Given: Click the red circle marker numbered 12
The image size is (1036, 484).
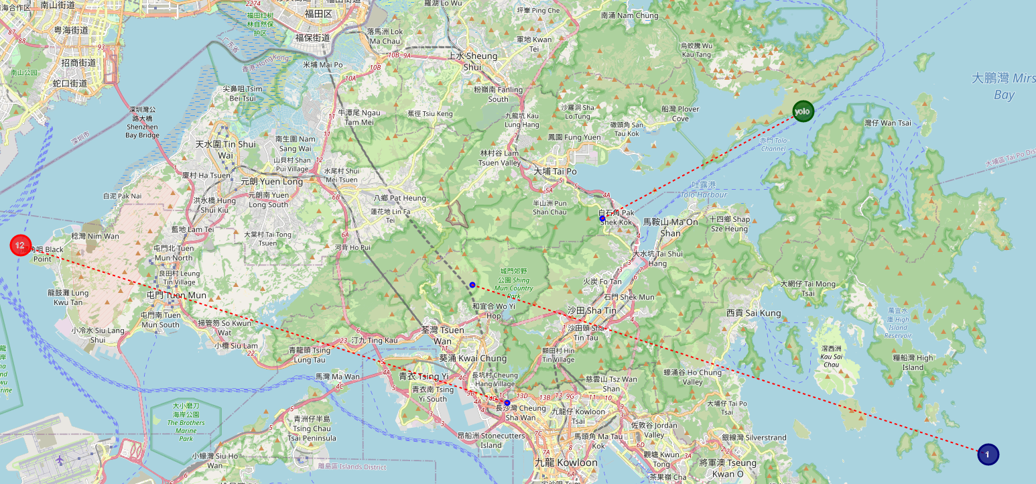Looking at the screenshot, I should tap(21, 245).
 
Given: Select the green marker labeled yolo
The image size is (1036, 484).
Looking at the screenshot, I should tap(802, 111).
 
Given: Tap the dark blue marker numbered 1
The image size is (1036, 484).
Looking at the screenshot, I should tap(988, 454).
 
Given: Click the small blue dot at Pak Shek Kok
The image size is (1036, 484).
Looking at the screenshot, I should tap(602, 219).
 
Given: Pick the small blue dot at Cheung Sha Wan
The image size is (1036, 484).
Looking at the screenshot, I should tap(507, 403).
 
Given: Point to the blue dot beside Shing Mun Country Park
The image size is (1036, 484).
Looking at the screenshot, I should tap(472, 285).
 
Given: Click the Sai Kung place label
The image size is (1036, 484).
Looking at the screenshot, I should tap(754, 313).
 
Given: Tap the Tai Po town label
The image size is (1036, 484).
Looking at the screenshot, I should tap(555, 172).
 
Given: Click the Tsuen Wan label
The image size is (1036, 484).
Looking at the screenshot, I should tap(442, 335).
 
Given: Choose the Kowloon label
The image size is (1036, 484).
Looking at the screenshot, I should tap(566, 463).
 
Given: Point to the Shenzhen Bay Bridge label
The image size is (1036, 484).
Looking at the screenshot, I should tap(142, 122).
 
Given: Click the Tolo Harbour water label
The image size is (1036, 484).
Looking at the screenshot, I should tap(703, 194).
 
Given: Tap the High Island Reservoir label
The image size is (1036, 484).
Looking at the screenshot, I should tap(898, 324).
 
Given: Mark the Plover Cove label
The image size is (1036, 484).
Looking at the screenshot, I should tap(679, 113).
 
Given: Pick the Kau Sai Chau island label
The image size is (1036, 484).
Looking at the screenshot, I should tap(831, 356).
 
